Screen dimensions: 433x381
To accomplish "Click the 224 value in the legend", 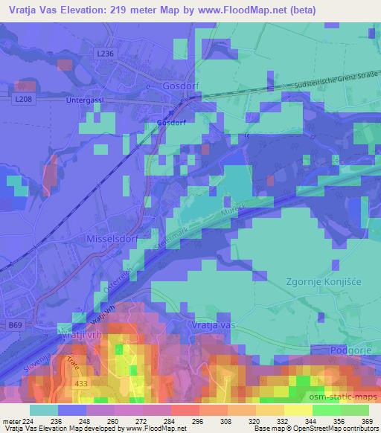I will (x=29, y=420).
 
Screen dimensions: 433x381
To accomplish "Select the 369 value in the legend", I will (x=368, y=420).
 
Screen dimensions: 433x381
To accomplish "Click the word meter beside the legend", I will (x=10, y=420).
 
